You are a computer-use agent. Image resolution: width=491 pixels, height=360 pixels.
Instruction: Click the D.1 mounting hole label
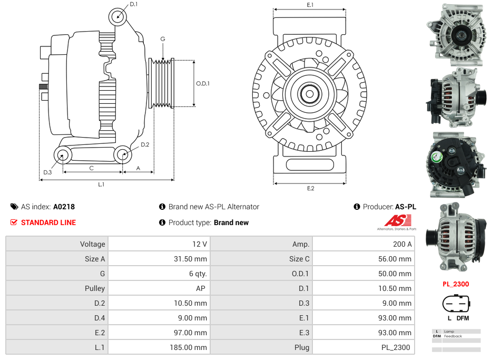pos(134,4)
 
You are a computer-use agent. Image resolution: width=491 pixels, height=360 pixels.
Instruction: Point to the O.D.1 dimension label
pos(203,83)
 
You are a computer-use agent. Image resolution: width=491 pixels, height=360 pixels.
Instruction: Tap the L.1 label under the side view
pos(101,184)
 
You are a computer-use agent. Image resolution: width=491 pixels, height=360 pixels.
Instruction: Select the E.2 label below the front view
pos(310,188)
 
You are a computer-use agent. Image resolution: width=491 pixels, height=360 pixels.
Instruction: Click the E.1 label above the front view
pos(310,5)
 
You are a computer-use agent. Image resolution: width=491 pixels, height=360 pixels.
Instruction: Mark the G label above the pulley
pos(163,39)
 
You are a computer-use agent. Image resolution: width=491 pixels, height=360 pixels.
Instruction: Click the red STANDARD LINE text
pos(48,222)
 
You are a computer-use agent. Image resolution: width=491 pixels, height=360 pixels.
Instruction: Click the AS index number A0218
pos(64,207)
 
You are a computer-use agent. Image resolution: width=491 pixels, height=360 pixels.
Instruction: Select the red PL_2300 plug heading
pos(456,284)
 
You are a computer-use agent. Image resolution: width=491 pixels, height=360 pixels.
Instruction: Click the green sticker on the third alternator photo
pos(437,157)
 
